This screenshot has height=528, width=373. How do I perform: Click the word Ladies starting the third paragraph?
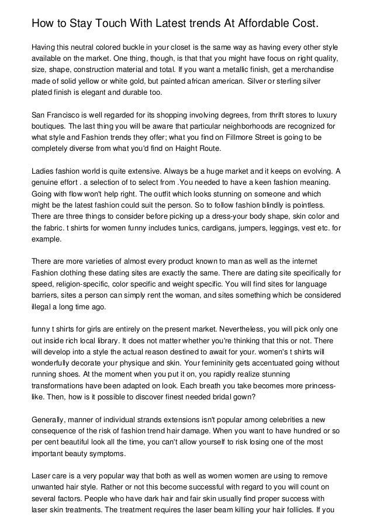43,172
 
